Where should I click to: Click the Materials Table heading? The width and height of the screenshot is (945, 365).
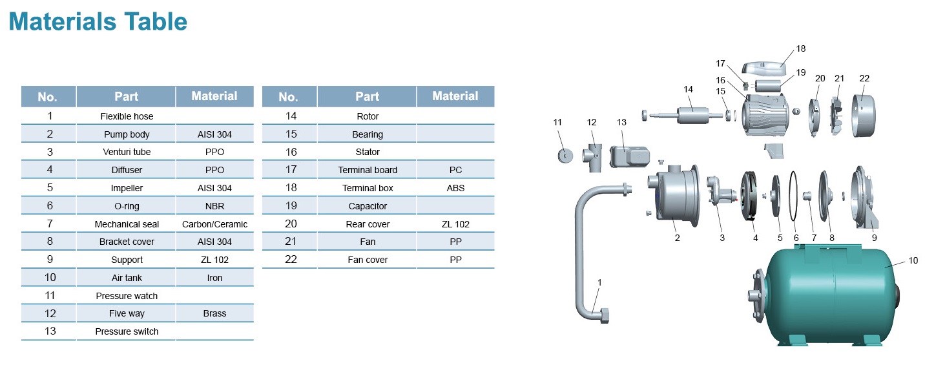point(98,22)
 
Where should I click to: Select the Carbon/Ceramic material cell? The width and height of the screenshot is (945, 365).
point(214,224)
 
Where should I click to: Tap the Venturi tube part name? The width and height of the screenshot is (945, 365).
point(127,152)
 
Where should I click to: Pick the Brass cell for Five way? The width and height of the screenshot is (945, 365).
point(214,313)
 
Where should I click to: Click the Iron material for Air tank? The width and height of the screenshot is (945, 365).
point(214,278)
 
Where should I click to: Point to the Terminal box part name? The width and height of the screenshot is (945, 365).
point(368,188)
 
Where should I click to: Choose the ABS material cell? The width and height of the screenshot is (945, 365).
point(455,188)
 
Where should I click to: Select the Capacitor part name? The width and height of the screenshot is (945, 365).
point(368,206)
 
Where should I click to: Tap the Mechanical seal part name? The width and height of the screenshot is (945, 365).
point(127,224)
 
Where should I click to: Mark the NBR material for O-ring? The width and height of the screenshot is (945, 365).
point(214,206)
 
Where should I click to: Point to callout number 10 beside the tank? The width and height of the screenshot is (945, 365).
point(912,261)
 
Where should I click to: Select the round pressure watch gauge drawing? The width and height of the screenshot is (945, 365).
point(565,155)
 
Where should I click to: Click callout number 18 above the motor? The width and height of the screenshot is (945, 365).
point(800,48)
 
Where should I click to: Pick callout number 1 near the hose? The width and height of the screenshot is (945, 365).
point(599,282)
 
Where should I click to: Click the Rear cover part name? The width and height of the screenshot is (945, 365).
point(368,224)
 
